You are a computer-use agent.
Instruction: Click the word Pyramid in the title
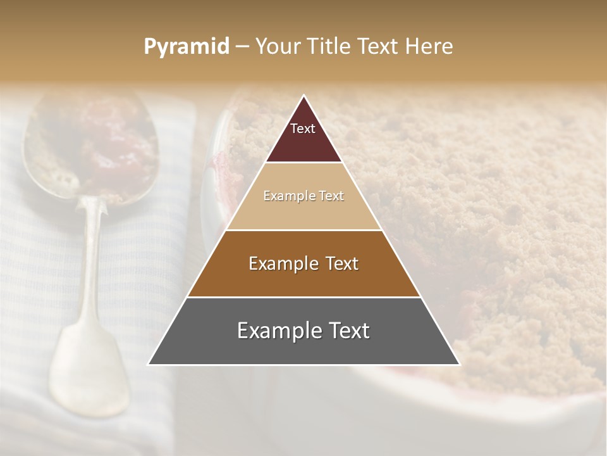click(x=186, y=47)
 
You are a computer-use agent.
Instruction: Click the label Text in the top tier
click(x=303, y=129)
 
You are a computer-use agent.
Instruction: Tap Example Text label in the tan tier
click(x=303, y=196)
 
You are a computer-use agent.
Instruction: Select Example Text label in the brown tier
click(x=303, y=263)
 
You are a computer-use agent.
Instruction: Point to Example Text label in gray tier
click(x=303, y=331)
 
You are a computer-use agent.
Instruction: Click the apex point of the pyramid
click(x=304, y=96)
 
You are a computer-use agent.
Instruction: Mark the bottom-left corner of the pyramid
click(x=149, y=364)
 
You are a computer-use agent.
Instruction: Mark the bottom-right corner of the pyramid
click(x=460, y=364)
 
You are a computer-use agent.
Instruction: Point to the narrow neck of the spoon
click(x=93, y=215)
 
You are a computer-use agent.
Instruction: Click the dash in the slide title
click(x=242, y=47)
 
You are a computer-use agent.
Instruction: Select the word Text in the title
click(x=378, y=47)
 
